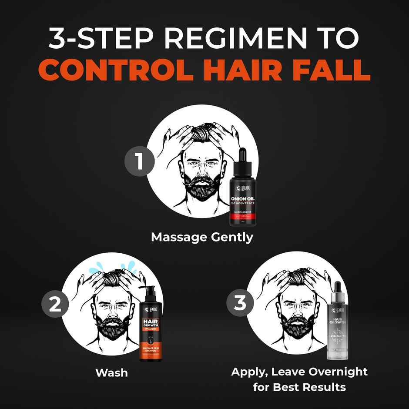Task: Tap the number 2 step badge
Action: click(x=55, y=305)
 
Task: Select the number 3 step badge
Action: click(x=240, y=303)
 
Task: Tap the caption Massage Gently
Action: click(x=202, y=238)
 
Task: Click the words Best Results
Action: click(x=308, y=387)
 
